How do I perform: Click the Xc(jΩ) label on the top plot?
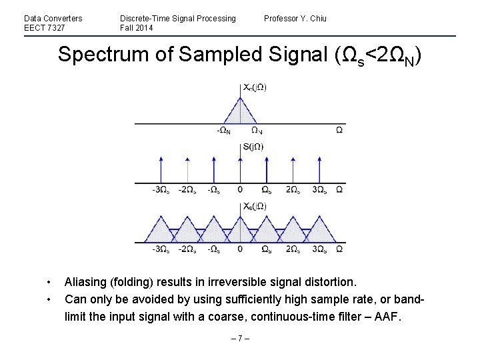coord(255,87)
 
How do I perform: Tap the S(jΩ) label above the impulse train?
coord(253,147)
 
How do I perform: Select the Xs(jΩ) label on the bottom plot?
coord(255,206)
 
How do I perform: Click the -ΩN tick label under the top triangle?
coord(224,131)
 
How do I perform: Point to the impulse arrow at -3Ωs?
coord(161,169)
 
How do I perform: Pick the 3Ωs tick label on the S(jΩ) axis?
coord(319,190)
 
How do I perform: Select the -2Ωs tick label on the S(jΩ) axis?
coord(187,190)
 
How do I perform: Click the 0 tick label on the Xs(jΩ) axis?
coord(240,249)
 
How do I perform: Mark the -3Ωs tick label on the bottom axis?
coord(161,249)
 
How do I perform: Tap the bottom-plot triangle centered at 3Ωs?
coord(319,230)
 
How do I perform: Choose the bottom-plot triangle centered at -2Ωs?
coord(187,230)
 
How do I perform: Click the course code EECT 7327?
coord(45,28)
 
